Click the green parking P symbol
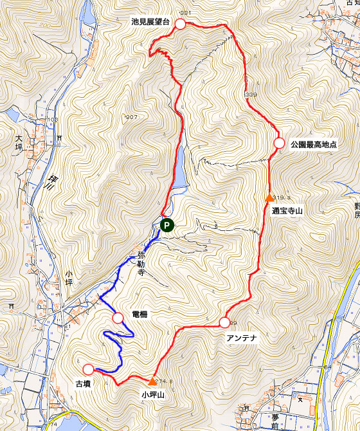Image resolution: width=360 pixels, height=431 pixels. coord(166,225)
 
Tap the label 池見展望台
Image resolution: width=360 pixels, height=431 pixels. coord(150,22)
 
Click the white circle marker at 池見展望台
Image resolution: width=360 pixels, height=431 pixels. coord(180,24)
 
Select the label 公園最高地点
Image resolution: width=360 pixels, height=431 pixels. coord(316,145)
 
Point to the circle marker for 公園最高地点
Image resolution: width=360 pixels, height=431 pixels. coord(279,143)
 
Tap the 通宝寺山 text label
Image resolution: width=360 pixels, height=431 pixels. coord(287,210)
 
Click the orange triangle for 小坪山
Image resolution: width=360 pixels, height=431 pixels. coord(152,381)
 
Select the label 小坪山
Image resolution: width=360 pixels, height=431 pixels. coord(154,394)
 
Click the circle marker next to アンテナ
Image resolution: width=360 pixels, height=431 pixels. coord(224,322)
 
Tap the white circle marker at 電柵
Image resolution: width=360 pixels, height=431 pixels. coord(118,317)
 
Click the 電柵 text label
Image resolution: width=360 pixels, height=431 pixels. coord(140,315)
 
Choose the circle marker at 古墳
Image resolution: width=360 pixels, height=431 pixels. coord(88,369)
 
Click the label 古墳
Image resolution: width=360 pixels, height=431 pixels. coord(82,383)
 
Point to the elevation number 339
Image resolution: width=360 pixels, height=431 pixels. coord(251,95)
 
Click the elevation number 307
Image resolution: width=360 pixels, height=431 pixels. coord(132,117)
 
